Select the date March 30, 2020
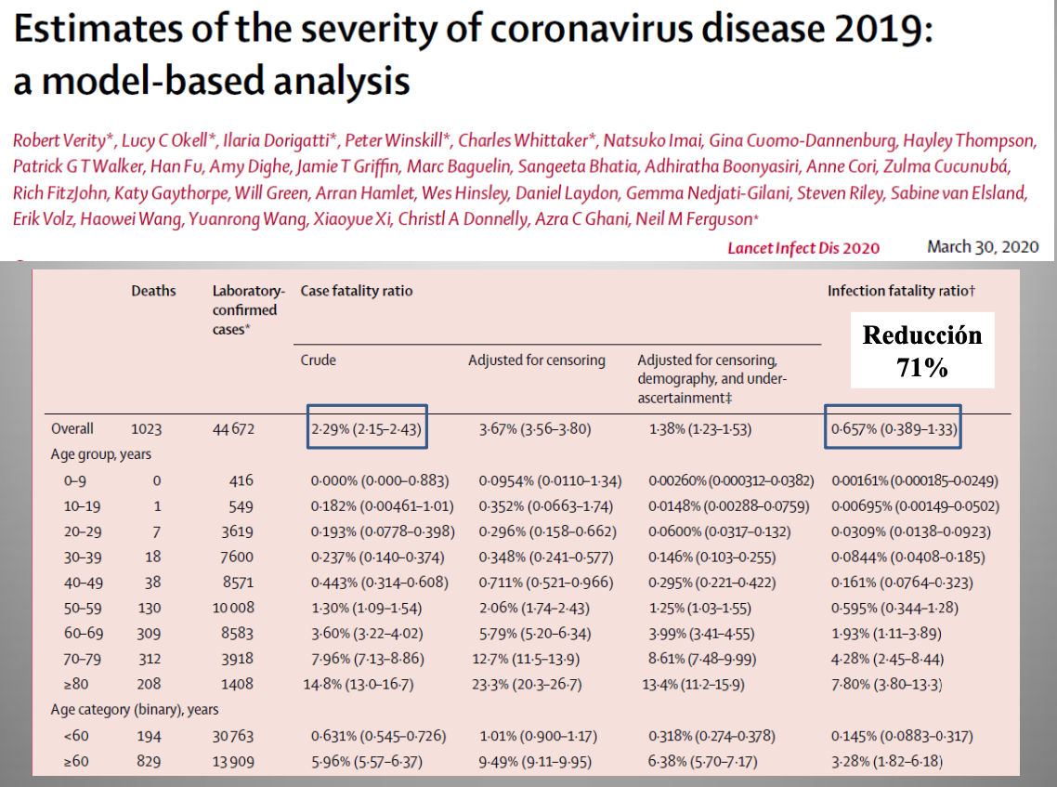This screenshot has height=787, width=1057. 982,247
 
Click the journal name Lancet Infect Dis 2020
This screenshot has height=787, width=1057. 803,248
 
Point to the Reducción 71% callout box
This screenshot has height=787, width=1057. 921,350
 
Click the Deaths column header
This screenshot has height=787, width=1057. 153,292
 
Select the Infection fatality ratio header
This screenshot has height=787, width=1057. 901,292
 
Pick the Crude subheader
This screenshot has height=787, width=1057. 318,361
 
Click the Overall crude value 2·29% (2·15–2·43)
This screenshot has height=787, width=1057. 367,428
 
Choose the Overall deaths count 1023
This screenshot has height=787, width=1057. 146,429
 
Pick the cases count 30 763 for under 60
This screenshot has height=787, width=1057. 232,736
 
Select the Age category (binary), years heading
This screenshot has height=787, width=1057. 135,710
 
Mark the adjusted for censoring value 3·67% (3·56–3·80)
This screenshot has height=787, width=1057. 535,429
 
